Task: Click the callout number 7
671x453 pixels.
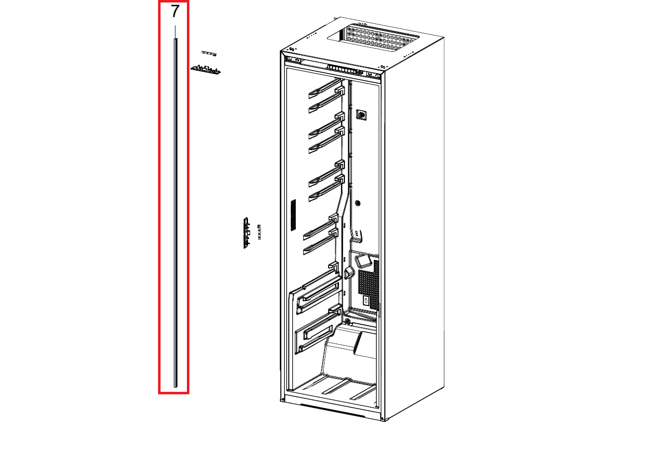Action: [175, 11]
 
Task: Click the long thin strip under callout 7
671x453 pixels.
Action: [176, 213]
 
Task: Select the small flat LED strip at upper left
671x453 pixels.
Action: [209, 54]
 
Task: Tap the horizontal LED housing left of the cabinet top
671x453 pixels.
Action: [205, 70]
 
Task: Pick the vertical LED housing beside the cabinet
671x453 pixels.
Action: [246, 233]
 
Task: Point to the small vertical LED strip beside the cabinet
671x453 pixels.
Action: [259, 232]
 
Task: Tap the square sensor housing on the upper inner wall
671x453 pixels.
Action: [361, 115]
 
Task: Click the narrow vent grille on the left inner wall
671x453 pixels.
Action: [293, 215]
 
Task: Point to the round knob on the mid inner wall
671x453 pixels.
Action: [357, 203]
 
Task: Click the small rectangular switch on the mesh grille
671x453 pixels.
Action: [365, 300]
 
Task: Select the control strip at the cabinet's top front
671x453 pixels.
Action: [347, 69]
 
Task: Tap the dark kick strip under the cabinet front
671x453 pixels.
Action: [333, 410]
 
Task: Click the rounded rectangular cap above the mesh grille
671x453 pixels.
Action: [363, 261]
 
